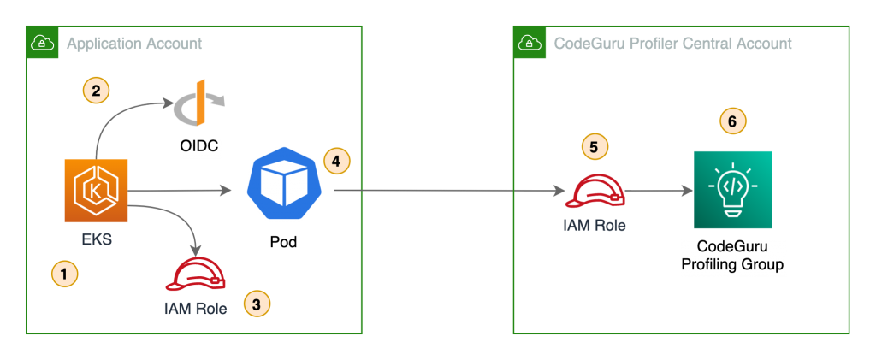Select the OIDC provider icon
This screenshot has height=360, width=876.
[x=199, y=104]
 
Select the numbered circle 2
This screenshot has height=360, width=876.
[x=95, y=91]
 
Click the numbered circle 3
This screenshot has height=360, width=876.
[x=256, y=302]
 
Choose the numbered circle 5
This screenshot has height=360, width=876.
[x=595, y=146]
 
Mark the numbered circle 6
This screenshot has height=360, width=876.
[x=731, y=121]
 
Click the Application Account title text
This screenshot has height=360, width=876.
[x=133, y=43]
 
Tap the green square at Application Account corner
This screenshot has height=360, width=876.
[x=42, y=42]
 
